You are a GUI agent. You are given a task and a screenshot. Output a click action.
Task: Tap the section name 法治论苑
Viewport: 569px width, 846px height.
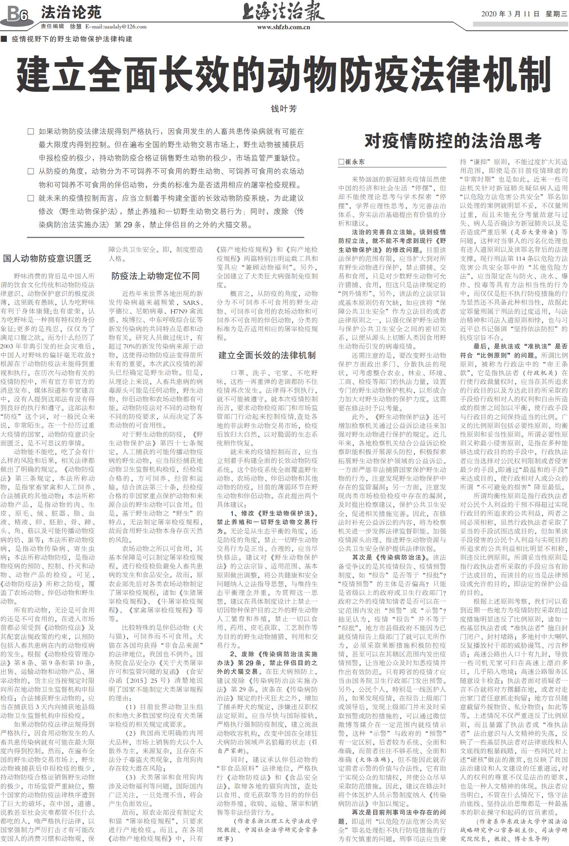tap(71, 13)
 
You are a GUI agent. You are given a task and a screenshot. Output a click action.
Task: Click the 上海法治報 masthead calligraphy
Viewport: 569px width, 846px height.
tap(283, 12)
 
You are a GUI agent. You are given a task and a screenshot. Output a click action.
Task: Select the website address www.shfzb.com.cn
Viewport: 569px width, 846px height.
tap(283, 27)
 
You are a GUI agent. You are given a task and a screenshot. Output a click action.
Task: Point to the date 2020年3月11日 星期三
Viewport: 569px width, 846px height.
tap(524, 14)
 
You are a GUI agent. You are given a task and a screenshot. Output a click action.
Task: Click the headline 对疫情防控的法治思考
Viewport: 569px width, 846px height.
tap(453, 141)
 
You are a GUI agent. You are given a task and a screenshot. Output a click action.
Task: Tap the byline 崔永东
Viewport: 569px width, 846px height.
tap(355, 162)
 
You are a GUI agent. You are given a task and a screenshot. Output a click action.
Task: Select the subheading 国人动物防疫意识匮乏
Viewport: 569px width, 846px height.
tap(47, 259)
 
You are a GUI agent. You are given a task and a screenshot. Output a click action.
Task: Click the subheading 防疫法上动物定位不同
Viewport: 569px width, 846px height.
tap(156, 276)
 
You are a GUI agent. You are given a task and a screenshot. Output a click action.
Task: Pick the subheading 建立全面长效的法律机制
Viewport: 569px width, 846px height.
tap(267, 355)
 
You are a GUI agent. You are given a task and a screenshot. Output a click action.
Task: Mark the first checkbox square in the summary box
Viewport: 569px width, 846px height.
tap(31, 132)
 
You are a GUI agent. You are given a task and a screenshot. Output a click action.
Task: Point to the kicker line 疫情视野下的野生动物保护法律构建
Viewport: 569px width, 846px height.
tap(72, 39)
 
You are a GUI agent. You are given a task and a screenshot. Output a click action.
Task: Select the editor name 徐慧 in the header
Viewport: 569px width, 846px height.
tap(75, 27)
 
